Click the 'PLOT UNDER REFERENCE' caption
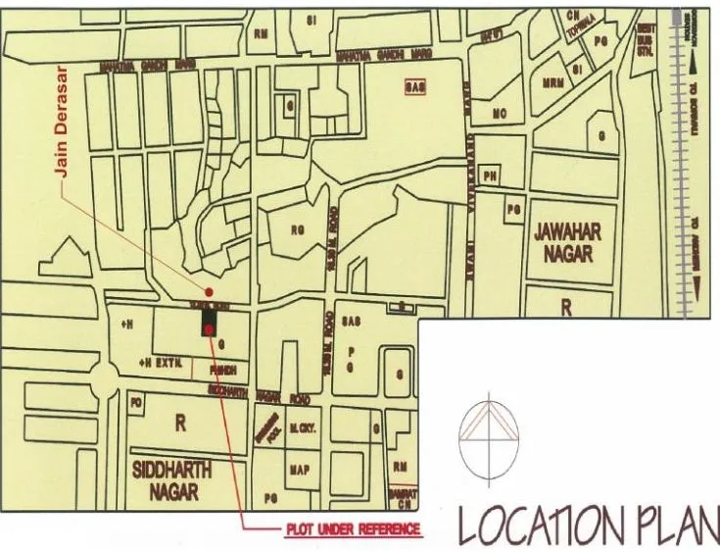353,529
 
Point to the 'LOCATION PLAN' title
589,527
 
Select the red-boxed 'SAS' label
415,87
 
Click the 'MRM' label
552,85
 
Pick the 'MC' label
499,115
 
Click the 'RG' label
299,230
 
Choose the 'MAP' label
300,471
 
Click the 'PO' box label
136,402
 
